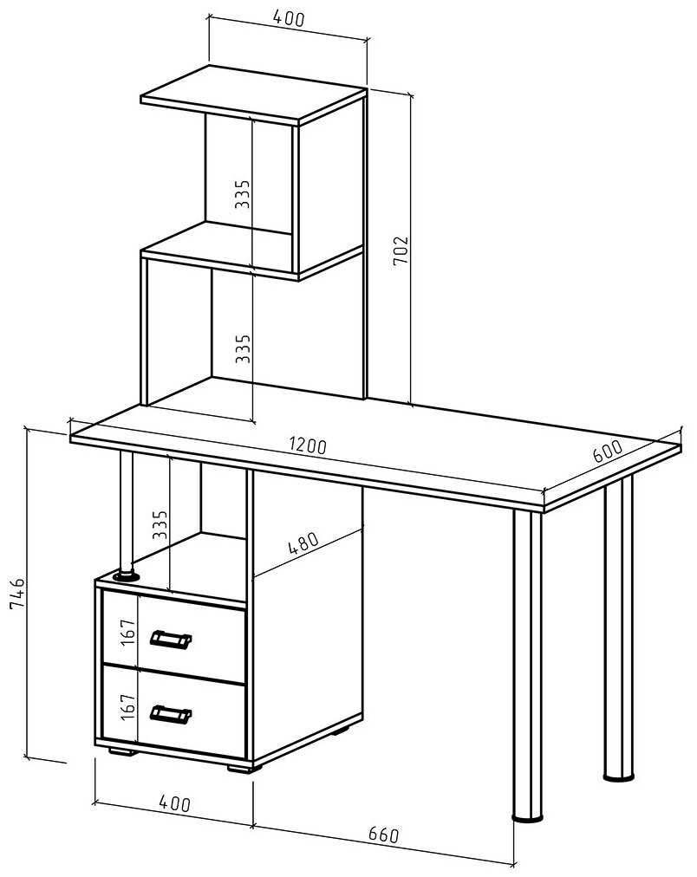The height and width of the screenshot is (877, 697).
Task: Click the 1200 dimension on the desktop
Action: (x=308, y=445)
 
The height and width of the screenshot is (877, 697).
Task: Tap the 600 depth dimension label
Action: (x=607, y=451)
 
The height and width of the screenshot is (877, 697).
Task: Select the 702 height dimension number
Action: (x=401, y=251)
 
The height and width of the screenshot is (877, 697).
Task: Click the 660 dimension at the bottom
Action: (x=384, y=835)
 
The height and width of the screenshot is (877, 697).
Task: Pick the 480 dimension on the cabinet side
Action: (x=303, y=542)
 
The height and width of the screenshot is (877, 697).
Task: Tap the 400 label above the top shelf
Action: (x=289, y=18)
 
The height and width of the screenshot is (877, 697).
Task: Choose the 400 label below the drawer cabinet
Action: (x=174, y=803)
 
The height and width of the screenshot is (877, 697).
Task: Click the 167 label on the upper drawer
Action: (x=128, y=632)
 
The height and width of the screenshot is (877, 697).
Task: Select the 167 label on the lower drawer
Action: (x=128, y=707)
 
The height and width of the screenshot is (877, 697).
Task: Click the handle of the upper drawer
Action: (x=171, y=640)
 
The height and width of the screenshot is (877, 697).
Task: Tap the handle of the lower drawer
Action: (x=171, y=714)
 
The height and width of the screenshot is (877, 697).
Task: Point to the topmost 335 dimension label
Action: (x=242, y=194)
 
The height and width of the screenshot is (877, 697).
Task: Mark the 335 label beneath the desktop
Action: (x=160, y=524)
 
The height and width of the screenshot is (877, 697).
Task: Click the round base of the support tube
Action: (x=127, y=575)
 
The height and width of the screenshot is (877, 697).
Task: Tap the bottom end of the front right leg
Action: (x=527, y=818)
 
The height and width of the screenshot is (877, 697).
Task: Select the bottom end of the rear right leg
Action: (x=619, y=776)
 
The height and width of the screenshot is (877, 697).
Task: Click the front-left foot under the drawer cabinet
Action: (x=122, y=751)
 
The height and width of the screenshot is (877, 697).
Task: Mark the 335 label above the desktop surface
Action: (x=243, y=348)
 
